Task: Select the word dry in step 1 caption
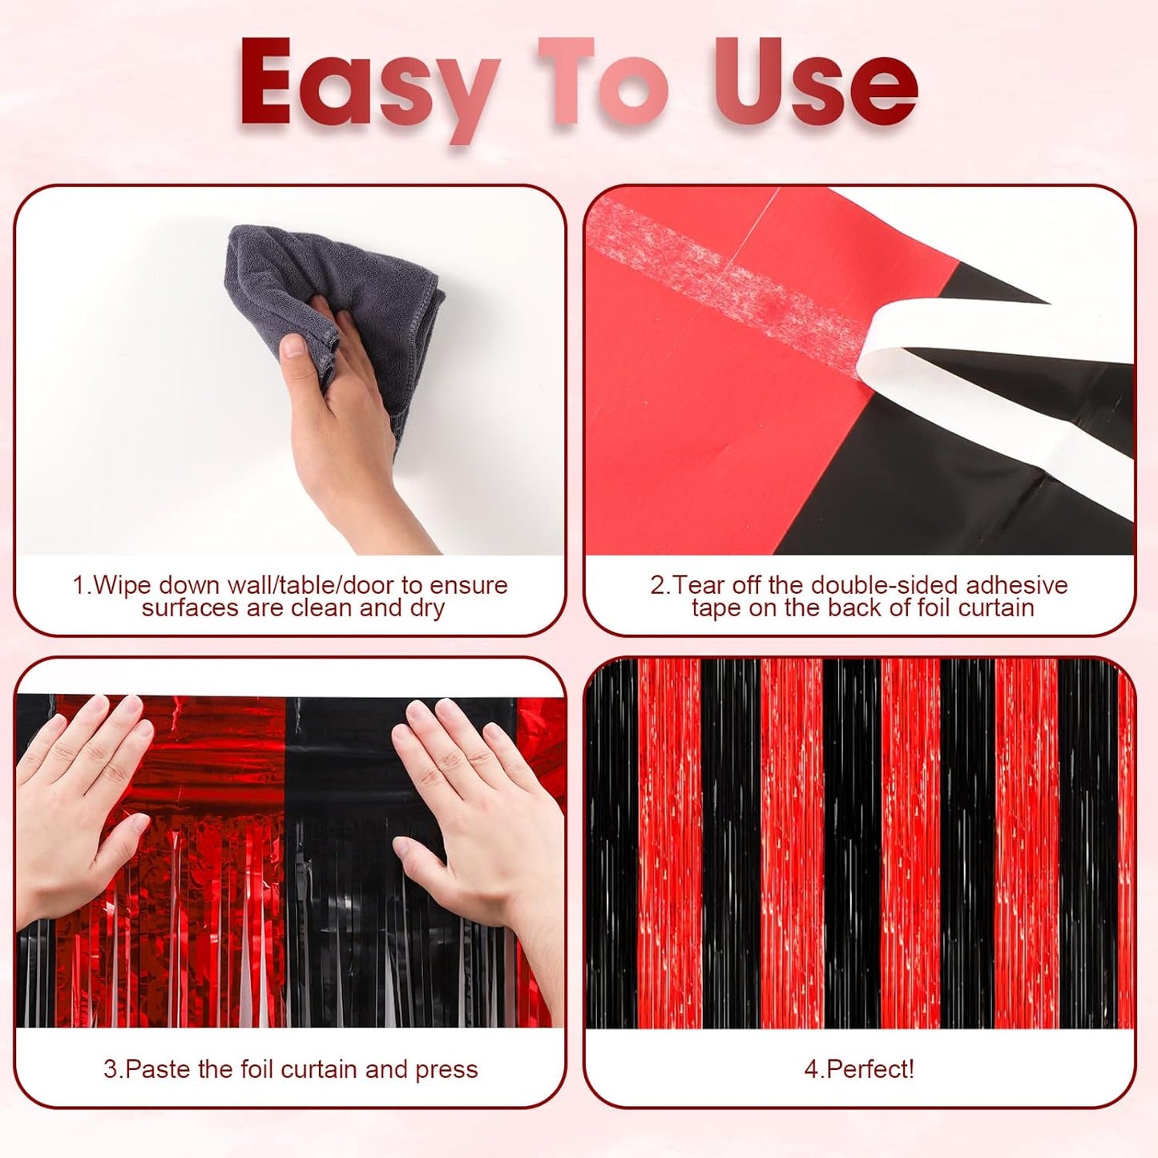pos(426,608)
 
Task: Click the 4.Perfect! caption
pos(859,1069)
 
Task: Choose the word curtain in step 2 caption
pos(996,608)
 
